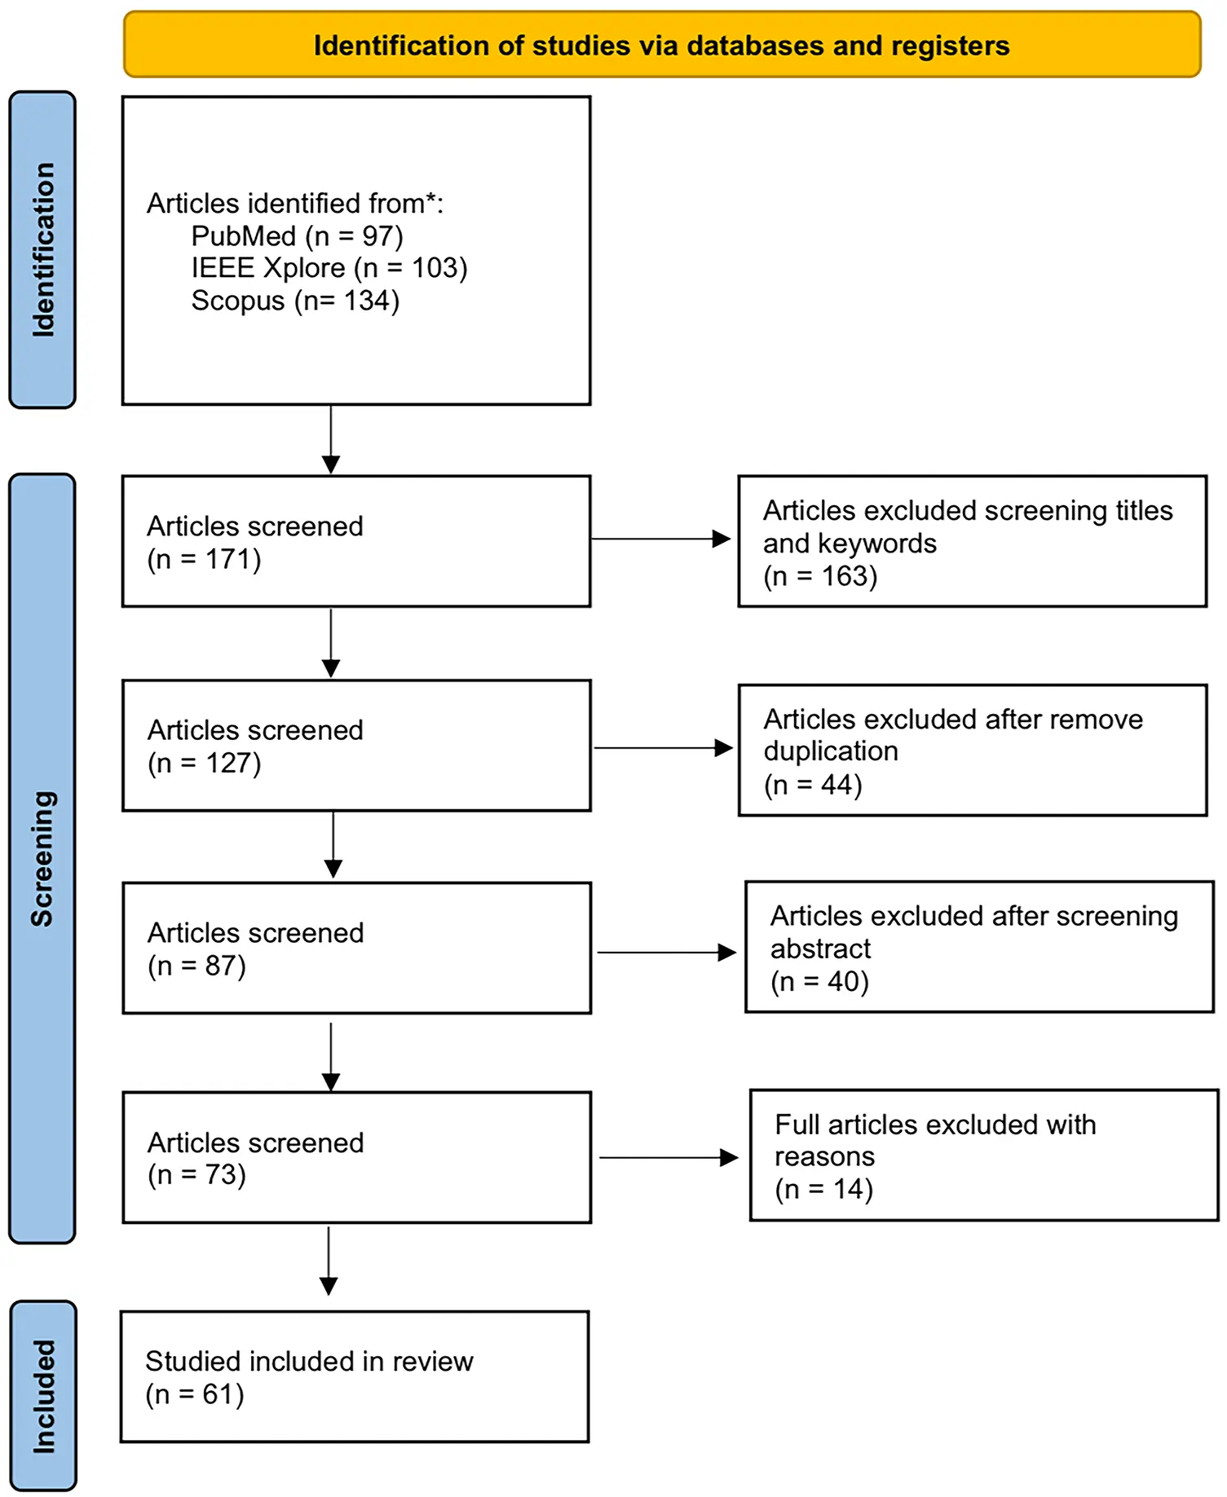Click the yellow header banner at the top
pos(661,45)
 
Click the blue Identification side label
pos(42,249)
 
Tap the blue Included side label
pos(43,1395)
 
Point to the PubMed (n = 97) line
pos(297,236)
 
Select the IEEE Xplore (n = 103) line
pos(329,268)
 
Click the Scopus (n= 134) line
pos(295,301)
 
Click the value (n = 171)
pos(204,560)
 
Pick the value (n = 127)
pos(204,764)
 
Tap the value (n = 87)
pos(196,966)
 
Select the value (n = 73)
pos(196,1175)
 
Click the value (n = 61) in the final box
pos(195,1394)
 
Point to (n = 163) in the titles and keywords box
pos(820,577)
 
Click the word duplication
pos(831,751)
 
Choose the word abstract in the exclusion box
pos(820,949)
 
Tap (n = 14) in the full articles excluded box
pos(823,1190)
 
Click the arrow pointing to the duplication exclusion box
pos(662,748)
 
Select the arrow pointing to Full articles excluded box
pos(668,1158)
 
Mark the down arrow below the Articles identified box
pos(331,439)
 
